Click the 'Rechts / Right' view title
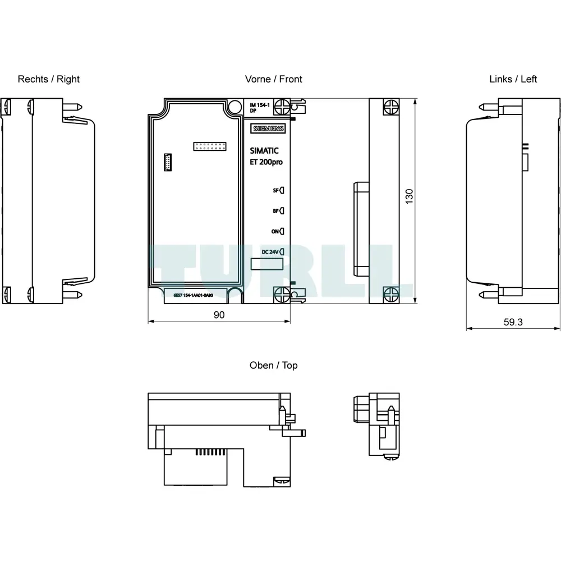point(49,79)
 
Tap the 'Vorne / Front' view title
point(273,79)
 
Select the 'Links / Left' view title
point(513,79)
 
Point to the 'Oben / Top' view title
point(273,365)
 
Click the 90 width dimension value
point(219,315)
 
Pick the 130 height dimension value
point(409,196)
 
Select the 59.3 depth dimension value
point(513,322)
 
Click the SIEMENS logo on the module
point(268,128)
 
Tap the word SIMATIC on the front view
point(264,150)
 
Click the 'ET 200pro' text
point(266,162)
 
